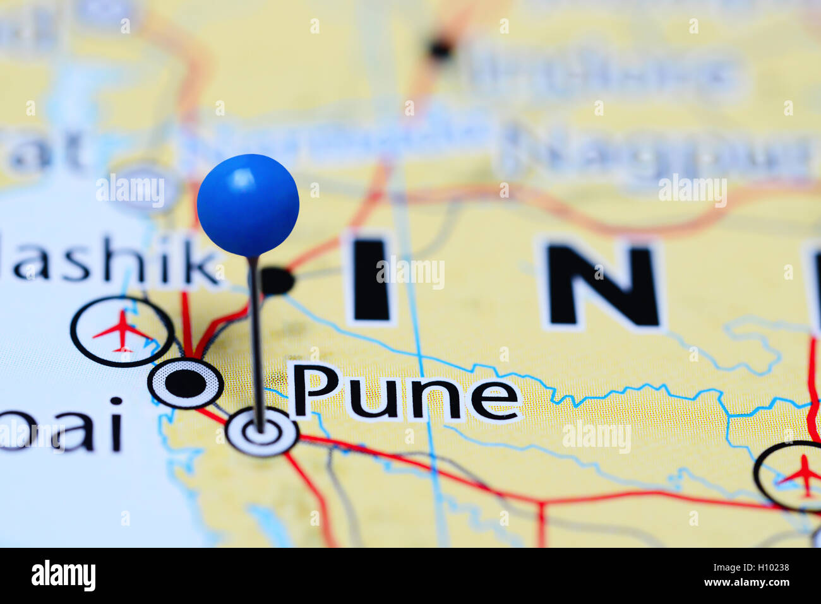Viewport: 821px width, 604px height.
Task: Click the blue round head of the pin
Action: tap(248, 204)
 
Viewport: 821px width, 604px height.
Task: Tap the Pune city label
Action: tap(405, 393)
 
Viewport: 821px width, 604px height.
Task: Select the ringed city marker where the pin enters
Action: tap(262, 432)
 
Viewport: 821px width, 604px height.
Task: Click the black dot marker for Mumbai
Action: tap(186, 383)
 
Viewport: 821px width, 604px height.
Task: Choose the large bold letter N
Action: tap(601, 285)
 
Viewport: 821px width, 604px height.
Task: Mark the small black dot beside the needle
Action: tap(277, 281)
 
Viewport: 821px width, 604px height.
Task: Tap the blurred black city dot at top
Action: tap(440, 47)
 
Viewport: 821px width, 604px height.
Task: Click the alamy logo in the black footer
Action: tap(63, 576)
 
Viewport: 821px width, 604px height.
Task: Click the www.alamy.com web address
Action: tap(746, 583)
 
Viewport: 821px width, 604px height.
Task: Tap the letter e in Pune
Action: tap(496, 400)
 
